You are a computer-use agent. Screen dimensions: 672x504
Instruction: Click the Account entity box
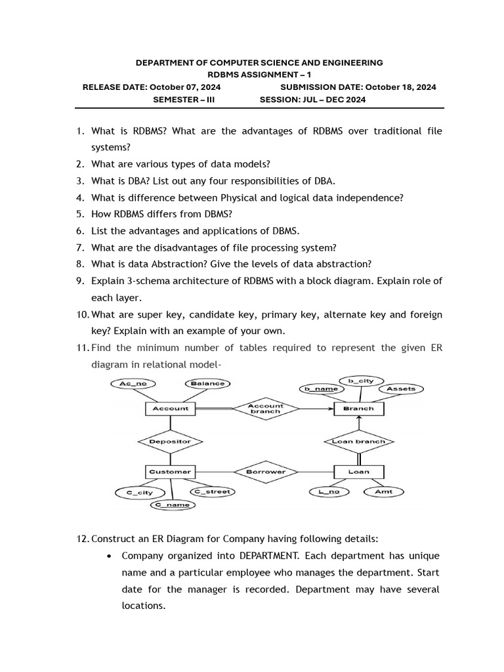tap(170, 409)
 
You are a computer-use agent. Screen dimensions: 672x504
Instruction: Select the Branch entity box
tap(358, 409)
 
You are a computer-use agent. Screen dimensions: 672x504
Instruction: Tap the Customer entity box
tap(170, 471)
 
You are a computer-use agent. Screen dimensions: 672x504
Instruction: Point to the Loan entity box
tap(358, 471)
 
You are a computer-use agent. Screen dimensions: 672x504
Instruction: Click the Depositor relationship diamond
tap(170, 441)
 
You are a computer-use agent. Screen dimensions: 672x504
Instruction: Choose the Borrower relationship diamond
tap(265, 471)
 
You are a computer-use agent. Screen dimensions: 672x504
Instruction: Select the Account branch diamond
tap(265, 409)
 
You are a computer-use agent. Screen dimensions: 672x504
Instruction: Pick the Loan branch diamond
tap(358, 441)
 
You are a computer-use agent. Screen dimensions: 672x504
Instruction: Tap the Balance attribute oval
tap(208, 383)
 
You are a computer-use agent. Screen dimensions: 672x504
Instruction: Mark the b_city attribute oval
tap(360, 380)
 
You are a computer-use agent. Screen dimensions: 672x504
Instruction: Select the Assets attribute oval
tap(401, 388)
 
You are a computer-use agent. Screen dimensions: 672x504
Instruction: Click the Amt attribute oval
tap(383, 492)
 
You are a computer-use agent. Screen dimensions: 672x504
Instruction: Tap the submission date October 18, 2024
tap(400, 87)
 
